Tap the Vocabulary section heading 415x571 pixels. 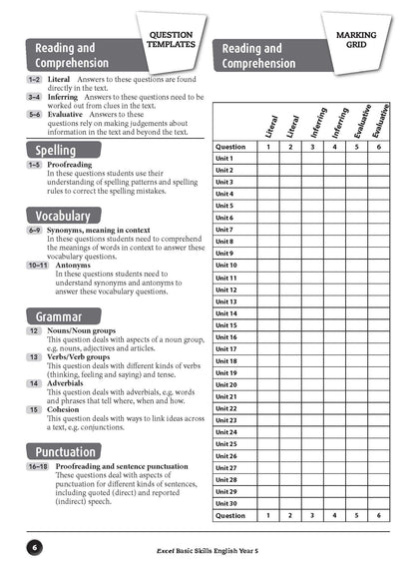coord(63,216)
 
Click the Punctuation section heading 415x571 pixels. coord(67,452)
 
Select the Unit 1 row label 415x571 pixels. coord(224,159)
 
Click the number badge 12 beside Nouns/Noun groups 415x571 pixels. coord(34,330)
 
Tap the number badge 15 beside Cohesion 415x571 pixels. coord(34,409)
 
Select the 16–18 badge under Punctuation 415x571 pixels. coord(38,466)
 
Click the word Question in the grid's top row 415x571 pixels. coord(230,147)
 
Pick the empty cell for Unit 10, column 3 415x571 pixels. coord(312,266)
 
